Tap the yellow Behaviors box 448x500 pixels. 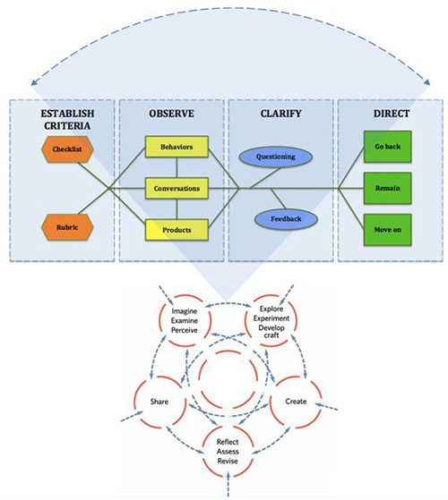tap(177, 147)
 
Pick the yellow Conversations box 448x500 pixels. tap(177, 189)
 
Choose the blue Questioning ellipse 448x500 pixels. tap(276, 157)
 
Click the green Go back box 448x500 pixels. tap(387, 147)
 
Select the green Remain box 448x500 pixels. tap(387, 189)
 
